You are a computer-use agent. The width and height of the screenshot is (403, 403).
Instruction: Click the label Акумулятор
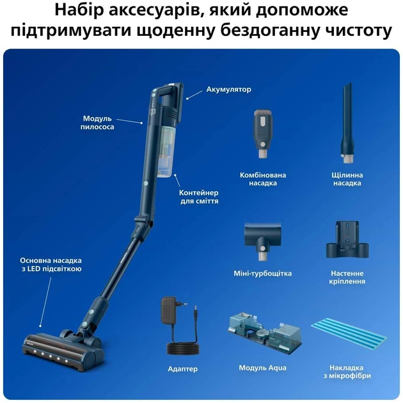(228, 90)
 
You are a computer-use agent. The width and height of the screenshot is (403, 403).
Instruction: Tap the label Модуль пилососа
(98, 123)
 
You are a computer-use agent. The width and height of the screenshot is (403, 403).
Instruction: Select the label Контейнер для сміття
(198, 196)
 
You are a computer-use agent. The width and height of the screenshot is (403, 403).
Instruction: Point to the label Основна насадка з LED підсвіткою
(51, 265)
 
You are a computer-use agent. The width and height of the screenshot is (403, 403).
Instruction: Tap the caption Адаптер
(182, 369)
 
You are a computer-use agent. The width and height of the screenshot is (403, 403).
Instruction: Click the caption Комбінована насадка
(263, 178)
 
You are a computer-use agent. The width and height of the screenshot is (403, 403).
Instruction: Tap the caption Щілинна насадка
(347, 178)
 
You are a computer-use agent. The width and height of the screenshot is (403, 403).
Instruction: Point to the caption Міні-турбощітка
(263, 274)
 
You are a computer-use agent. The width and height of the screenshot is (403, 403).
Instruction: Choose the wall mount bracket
(347, 242)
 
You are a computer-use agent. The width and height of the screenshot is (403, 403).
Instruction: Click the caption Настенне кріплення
(347, 277)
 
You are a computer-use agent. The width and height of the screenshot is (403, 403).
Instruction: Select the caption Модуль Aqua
(263, 368)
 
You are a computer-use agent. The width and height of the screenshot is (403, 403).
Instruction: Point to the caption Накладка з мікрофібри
(347, 372)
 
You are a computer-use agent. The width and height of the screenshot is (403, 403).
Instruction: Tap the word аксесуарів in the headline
(168, 10)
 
